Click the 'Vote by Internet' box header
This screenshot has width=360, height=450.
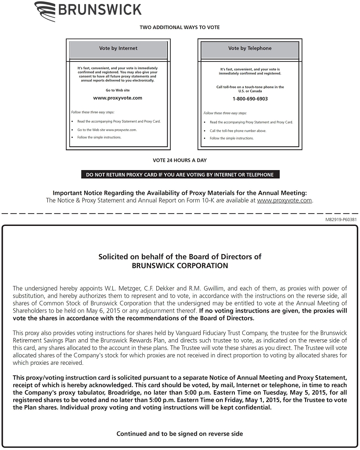coord(118,49)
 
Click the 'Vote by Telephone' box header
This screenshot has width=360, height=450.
coord(250,49)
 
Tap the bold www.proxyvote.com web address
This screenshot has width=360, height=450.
coord(118,98)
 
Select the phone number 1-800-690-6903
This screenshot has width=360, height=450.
coord(250,99)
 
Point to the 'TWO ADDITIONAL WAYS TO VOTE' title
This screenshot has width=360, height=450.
coord(180,27)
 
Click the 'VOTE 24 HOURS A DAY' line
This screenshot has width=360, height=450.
coord(180,160)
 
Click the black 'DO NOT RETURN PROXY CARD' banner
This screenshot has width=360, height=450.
coord(180,175)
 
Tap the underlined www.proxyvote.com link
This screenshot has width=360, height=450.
coord(284,200)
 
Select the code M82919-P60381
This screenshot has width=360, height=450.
coord(341,219)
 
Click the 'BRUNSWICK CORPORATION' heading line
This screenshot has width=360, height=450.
coord(180,266)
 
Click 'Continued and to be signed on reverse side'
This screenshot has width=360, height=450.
coord(180,434)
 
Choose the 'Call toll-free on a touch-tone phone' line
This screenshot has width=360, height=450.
coord(250,87)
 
